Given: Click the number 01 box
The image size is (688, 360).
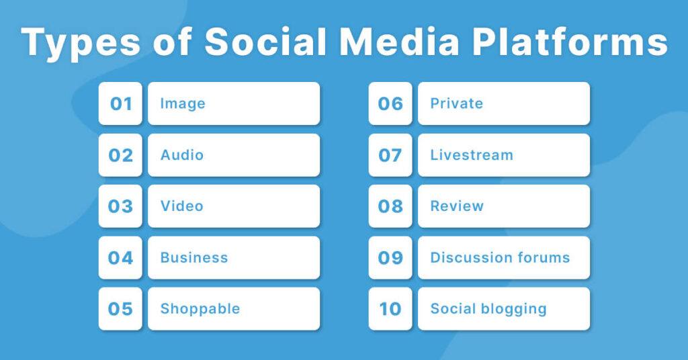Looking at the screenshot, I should click(120, 103).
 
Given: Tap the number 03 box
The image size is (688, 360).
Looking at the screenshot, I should click(120, 206).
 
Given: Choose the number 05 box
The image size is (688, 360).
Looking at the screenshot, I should click(120, 309).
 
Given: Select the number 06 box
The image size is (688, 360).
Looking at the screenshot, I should click(390, 103).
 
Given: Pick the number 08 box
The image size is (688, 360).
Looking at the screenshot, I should click(390, 206).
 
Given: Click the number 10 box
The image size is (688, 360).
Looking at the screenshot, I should click(390, 309).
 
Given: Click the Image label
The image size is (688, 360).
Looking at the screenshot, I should click(183, 103).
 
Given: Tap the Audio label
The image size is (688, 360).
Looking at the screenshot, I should click(182, 155).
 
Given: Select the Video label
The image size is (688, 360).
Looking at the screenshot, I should click(181, 206).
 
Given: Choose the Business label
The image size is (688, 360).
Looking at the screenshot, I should click(194, 258).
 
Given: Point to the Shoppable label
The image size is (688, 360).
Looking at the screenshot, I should click(200, 309).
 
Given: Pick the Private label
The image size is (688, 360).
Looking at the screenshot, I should click(457, 103).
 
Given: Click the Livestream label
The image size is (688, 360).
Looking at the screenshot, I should click(472, 155).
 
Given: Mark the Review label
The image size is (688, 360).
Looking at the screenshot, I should click(457, 206).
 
